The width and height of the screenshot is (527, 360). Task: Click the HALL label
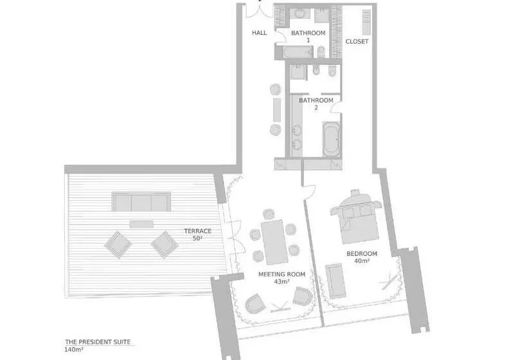(x=260, y=33)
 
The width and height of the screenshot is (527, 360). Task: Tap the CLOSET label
(x=357, y=41)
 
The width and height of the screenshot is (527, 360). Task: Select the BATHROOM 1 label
(x=308, y=36)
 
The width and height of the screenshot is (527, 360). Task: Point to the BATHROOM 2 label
(x=316, y=104)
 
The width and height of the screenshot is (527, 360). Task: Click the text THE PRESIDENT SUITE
(x=98, y=342)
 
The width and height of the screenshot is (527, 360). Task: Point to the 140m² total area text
(x=74, y=350)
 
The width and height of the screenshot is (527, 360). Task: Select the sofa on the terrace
(x=141, y=202)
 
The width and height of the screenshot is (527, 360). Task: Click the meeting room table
(x=274, y=242)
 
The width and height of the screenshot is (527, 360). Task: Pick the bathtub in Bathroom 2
(x=332, y=139)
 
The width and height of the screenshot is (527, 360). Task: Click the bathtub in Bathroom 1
(x=298, y=53)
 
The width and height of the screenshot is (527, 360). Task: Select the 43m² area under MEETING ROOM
(x=281, y=282)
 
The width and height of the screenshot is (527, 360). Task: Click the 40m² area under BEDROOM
(x=362, y=261)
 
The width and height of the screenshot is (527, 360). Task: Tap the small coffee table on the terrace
(x=141, y=224)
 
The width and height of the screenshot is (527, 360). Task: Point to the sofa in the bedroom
(x=335, y=281)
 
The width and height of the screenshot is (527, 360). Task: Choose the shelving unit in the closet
(x=366, y=22)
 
